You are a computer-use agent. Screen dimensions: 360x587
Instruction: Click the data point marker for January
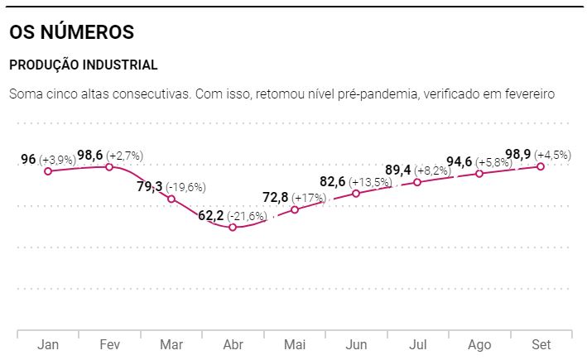(48, 171)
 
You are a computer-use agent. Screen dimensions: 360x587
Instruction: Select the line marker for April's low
(233, 227)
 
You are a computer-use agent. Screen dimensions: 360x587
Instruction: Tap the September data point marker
(541, 166)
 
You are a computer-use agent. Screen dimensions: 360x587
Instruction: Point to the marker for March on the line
(171, 199)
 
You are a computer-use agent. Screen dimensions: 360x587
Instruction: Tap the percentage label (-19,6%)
(185, 187)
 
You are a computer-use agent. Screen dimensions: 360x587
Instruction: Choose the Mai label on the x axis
(295, 344)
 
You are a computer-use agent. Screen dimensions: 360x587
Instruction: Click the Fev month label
(109, 344)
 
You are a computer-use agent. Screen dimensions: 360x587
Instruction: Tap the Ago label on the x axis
(479, 344)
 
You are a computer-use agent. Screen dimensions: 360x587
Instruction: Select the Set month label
(541, 344)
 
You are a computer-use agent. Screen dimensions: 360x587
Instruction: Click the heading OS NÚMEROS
(71, 33)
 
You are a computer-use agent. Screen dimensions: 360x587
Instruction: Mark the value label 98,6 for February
(90, 155)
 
